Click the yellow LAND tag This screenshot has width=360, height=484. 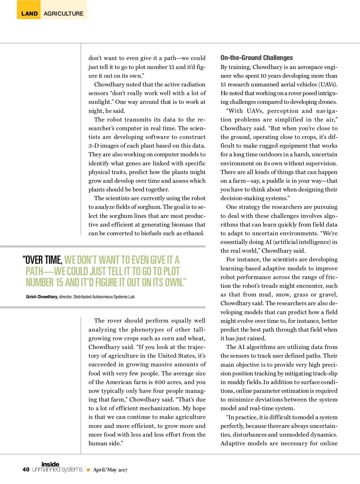pyautogui.click(x=29, y=14)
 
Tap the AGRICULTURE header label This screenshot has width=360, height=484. pyautogui.click(x=64, y=14)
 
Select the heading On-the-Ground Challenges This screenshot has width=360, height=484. pyautogui.click(x=256, y=58)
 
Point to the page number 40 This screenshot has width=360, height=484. pyautogui.click(x=26, y=470)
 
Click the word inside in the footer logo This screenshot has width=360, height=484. pyautogui.click(x=50, y=464)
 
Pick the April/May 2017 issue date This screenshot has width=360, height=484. pyautogui.click(x=110, y=470)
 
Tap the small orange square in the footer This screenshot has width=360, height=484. pyautogui.click(x=88, y=470)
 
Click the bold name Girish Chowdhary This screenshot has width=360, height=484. pyautogui.click(x=42, y=297)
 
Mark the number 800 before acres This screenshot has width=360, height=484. pyautogui.click(x=160, y=382)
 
